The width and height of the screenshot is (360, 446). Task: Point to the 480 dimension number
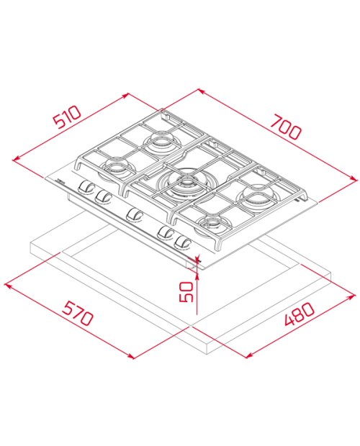[297, 317]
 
